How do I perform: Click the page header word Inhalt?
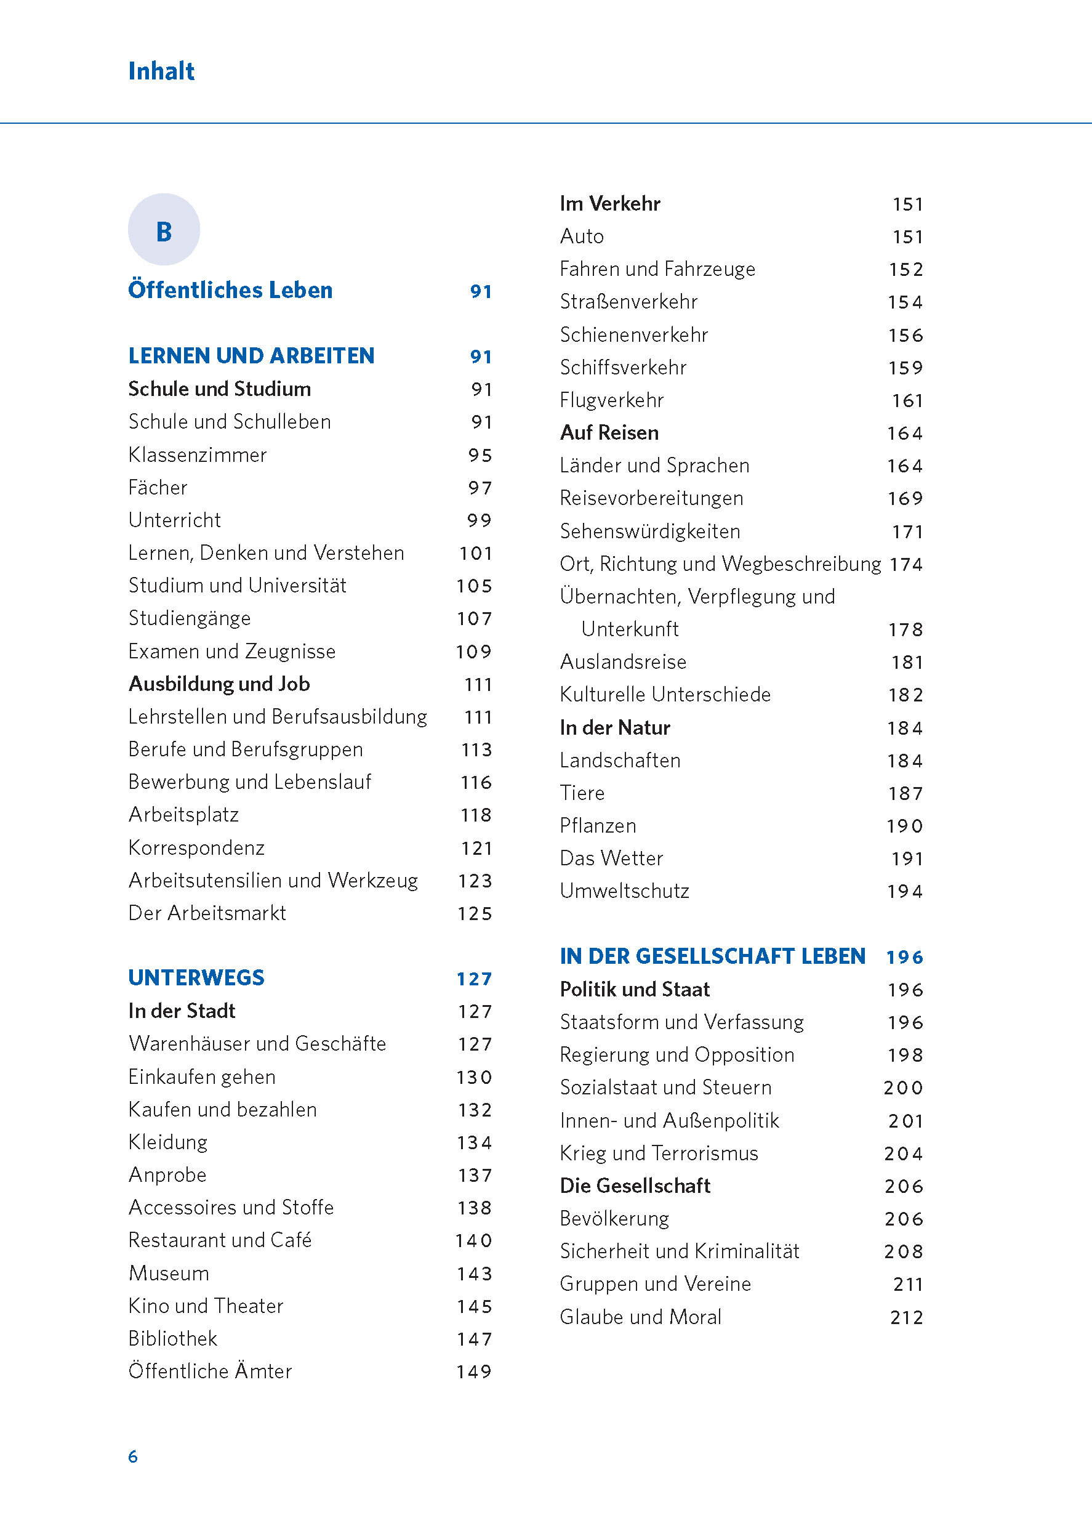click(x=161, y=71)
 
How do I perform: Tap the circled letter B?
click(x=164, y=230)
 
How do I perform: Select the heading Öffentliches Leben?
click(x=230, y=290)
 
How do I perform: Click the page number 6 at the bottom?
click(x=133, y=1456)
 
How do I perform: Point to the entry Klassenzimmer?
click(x=197, y=455)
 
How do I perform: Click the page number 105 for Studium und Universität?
click(x=474, y=586)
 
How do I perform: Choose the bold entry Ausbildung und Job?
click(x=219, y=684)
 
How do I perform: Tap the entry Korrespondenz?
click(x=196, y=847)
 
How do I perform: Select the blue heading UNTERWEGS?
click(x=196, y=978)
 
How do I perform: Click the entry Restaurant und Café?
click(x=220, y=1240)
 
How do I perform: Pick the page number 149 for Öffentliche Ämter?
click(x=474, y=1371)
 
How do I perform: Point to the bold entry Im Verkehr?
click(x=610, y=203)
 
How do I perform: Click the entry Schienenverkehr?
click(x=634, y=334)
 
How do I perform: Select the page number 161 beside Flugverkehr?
click(x=907, y=401)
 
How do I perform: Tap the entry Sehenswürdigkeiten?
click(x=649, y=531)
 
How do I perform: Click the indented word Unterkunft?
click(x=629, y=629)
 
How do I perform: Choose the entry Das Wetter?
click(x=611, y=858)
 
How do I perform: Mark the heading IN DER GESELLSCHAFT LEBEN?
click(x=712, y=956)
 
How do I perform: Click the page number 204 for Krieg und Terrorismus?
click(x=904, y=1153)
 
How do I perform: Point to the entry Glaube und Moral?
click(x=640, y=1317)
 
